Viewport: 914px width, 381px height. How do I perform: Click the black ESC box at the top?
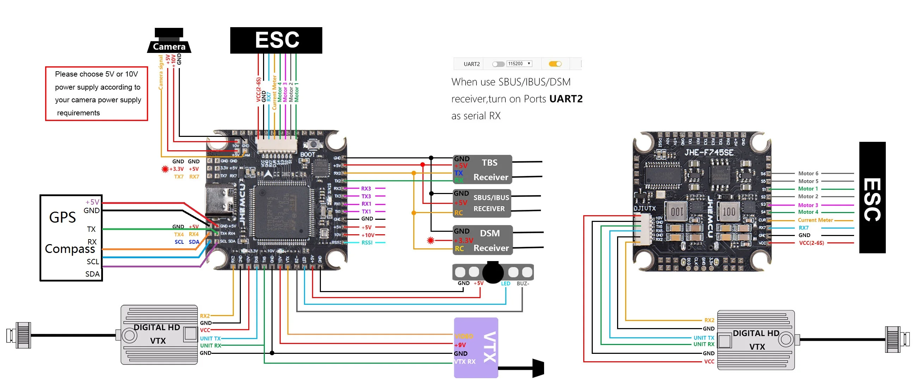click(276, 40)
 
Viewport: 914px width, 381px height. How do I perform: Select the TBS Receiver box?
click(482, 169)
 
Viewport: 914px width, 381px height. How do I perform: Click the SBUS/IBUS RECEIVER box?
click(482, 203)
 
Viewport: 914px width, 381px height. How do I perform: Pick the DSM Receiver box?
click(482, 240)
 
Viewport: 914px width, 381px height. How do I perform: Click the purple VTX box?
click(476, 347)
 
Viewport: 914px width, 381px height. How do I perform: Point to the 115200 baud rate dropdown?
click(519, 64)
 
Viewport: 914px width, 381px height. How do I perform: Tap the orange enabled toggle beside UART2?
click(555, 64)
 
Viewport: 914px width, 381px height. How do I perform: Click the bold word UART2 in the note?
click(566, 99)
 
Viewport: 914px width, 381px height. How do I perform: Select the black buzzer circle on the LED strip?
click(493, 272)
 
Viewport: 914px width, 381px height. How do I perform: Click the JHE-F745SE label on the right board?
click(708, 152)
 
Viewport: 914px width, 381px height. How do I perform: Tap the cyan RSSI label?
click(367, 242)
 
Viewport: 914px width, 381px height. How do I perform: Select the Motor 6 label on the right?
click(808, 173)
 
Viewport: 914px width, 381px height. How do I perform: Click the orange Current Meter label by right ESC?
click(815, 220)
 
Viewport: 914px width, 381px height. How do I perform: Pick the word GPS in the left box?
click(62, 217)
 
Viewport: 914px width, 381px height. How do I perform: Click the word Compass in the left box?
click(70, 249)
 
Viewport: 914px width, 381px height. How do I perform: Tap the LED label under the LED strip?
click(505, 283)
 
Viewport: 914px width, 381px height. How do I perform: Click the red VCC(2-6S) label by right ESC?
click(811, 243)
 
